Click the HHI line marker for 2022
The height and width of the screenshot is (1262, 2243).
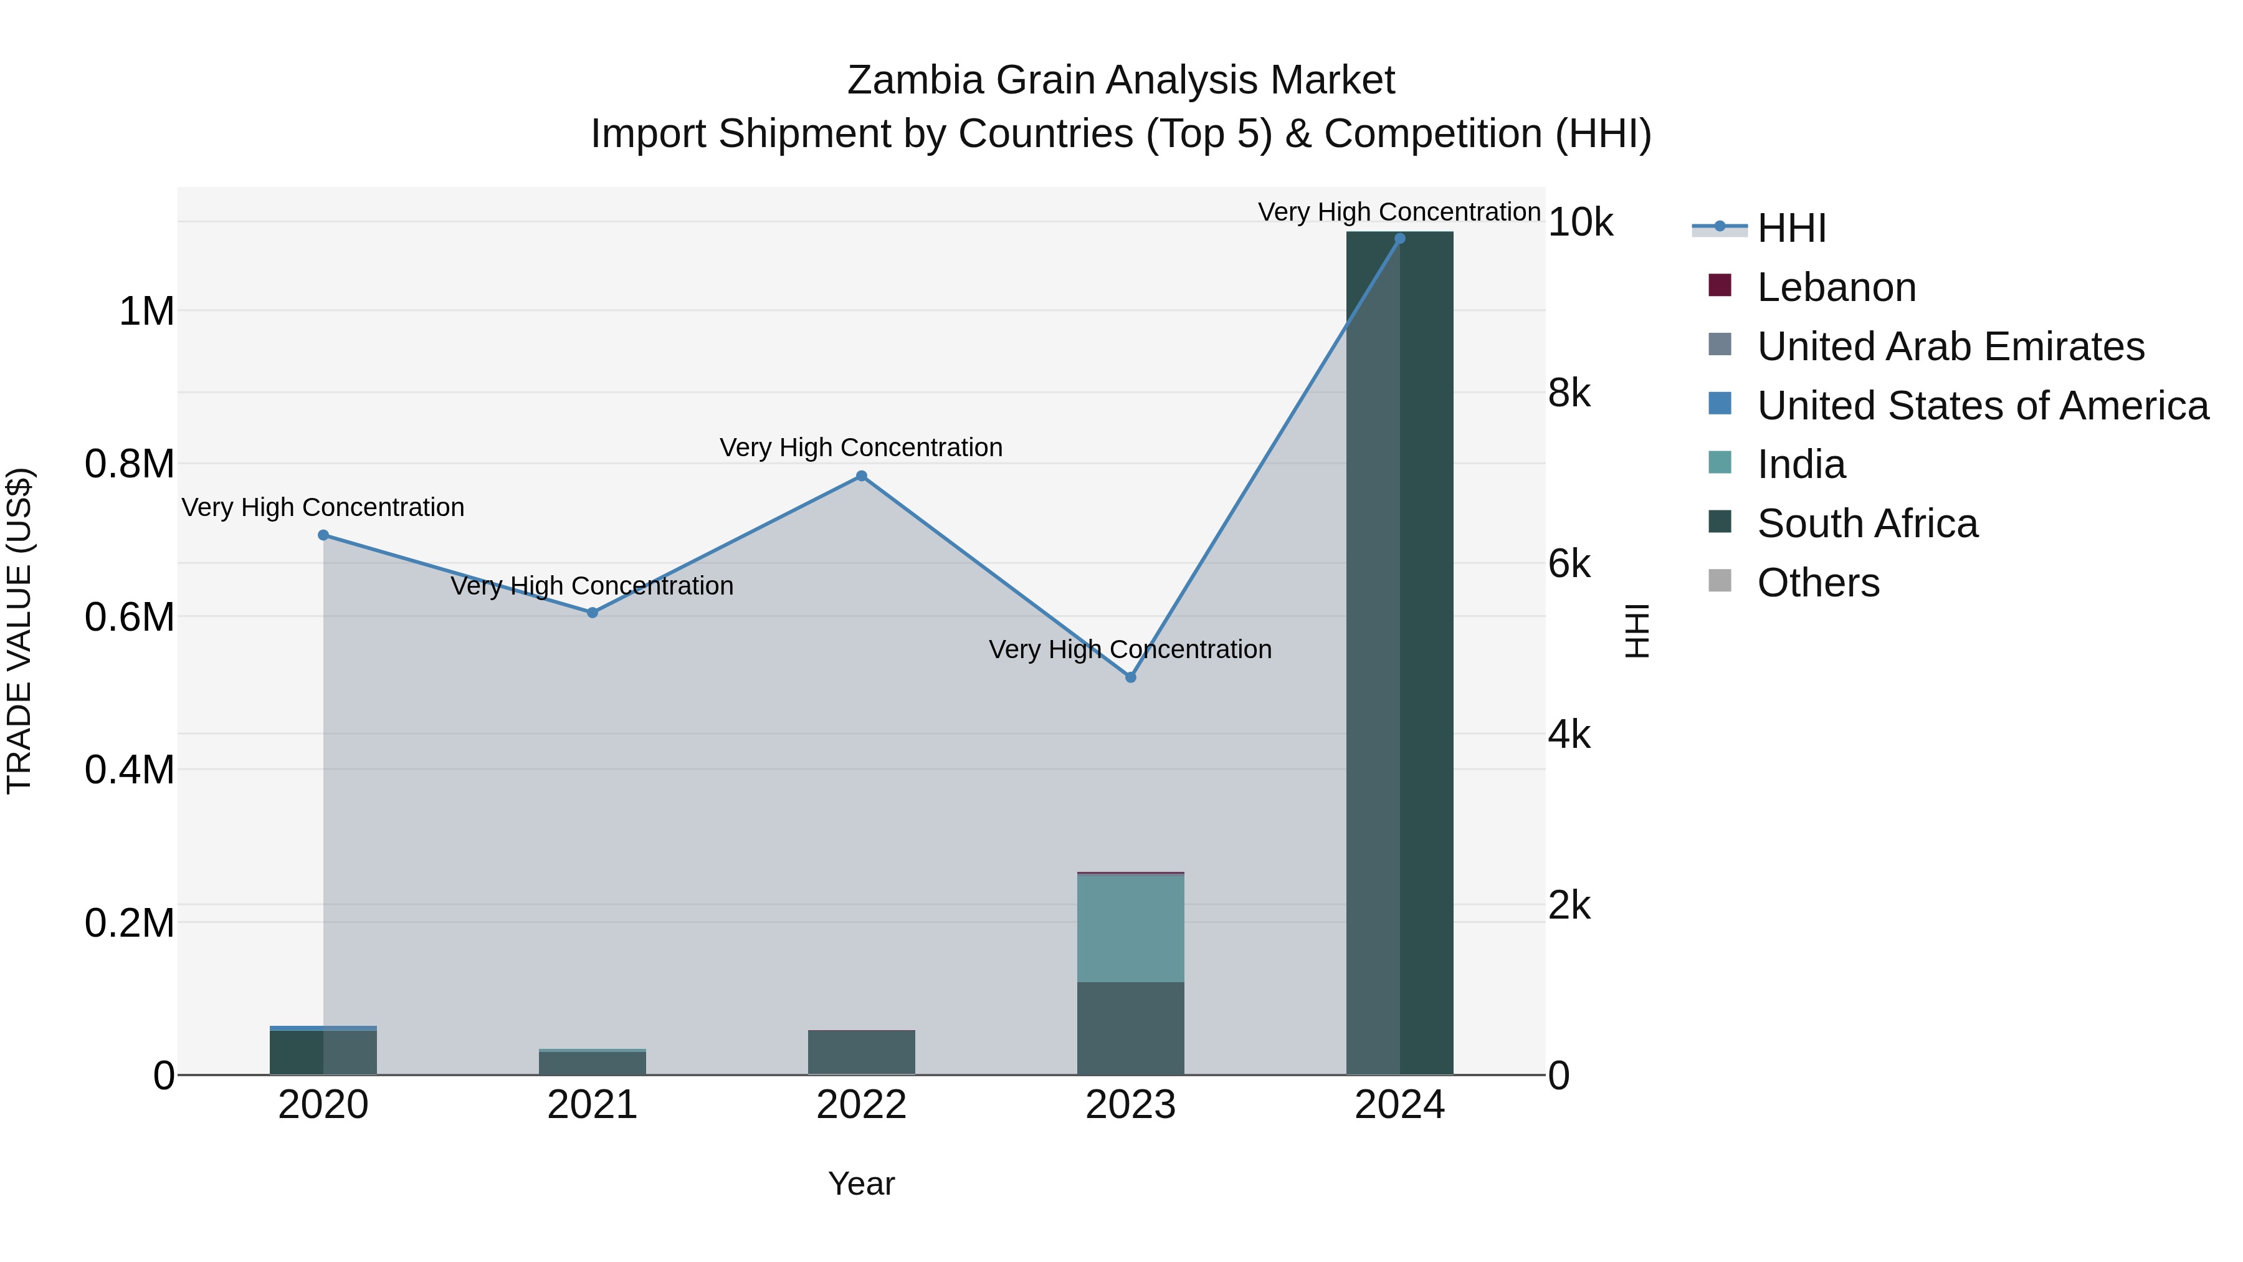(861, 476)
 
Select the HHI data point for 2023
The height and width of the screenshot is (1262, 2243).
(1130, 677)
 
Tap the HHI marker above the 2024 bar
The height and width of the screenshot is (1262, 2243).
(1399, 239)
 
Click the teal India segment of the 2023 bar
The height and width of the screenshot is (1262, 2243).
(1130, 929)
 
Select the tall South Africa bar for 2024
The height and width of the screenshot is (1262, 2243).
(1399, 653)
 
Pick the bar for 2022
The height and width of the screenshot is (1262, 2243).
(861, 1052)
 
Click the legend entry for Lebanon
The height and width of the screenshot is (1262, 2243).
(1836, 287)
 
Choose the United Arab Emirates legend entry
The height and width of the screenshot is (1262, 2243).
(1950, 347)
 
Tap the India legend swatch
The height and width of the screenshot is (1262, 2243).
(1720, 463)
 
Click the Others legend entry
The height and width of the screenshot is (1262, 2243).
(1817, 583)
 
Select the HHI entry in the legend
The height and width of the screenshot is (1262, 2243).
(1791, 228)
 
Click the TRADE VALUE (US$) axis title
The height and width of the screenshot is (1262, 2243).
(19, 631)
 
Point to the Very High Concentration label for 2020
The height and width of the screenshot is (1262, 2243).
(323, 508)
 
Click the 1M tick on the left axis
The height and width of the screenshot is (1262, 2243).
(146, 312)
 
